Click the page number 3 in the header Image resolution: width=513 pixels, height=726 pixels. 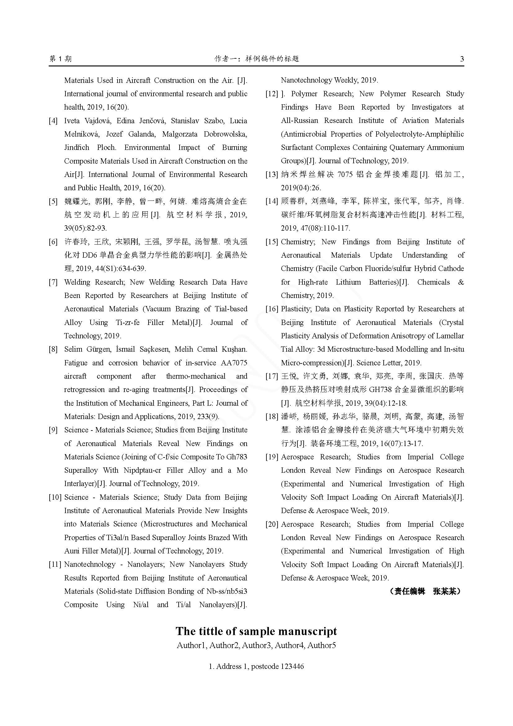pyautogui.click(x=462, y=59)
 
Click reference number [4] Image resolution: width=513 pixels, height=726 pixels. pyautogui.click(x=53, y=121)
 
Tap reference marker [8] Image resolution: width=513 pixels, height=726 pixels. pyautogui.click(x=53, y=349)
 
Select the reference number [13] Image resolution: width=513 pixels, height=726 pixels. pyautogui.click(x=272, y=174)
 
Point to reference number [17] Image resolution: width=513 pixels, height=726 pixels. pyautogui.click(x=272, y=376)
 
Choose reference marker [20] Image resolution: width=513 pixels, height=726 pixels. pyautogui.click(x=272, y=524)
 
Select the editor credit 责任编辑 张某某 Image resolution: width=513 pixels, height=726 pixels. pyautogui.click(x=425, y=591)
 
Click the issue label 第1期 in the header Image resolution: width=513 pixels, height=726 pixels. pyautogui.click(x=61, y=59)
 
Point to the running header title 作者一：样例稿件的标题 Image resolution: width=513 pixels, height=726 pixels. pyautogui.click(x=256, y=59)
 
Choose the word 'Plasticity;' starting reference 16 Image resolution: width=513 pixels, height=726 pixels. pyautogui.click(x=296, y=309)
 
